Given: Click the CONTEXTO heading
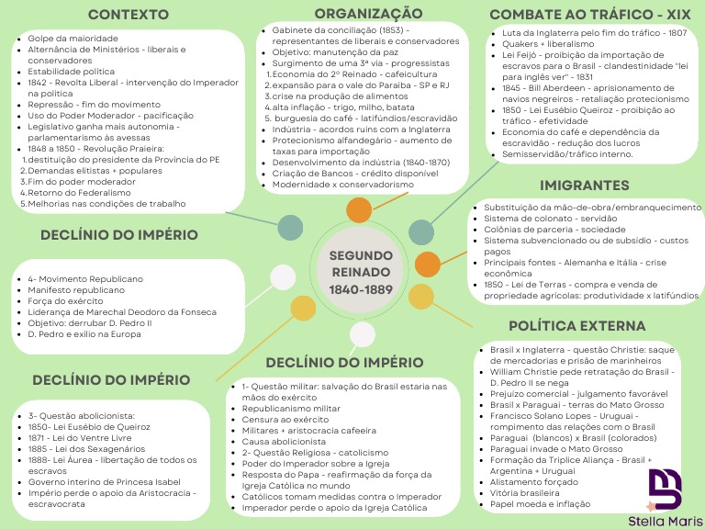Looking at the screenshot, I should click(128, 15).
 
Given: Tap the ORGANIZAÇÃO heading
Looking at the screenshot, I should click(368, 13).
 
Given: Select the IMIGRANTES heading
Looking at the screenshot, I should click(585, 186).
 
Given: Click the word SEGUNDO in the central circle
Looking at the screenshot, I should click(361, 254).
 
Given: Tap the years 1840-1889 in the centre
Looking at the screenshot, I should click(361, 290).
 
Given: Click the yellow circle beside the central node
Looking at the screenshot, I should click(421, 296).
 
